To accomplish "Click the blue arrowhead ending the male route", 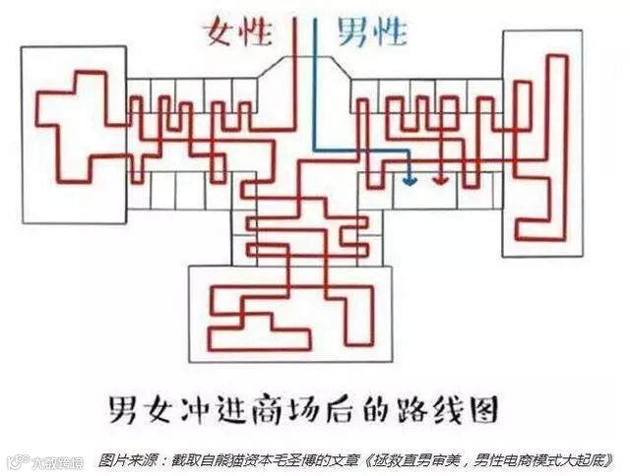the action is pos(409,181).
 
